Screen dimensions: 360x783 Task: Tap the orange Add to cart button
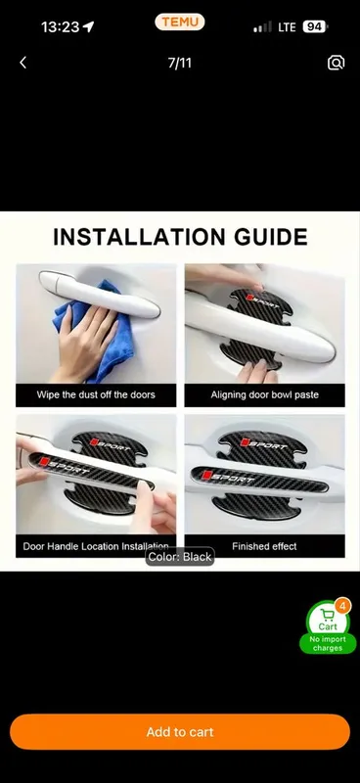pyautogui.click(x=180, y=731)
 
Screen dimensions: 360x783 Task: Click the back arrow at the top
pyautogui.click(x=22, y=63)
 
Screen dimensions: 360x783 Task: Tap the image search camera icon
pyautogui.click(x=337, y=63)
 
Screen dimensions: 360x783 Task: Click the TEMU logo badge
pyautogui.click(x=180, y=22)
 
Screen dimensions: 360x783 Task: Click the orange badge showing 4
pyautogui.click(x=342, y=606)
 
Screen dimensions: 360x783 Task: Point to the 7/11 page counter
pyautogui.click(x=180, y=63)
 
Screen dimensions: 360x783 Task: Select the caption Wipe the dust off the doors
pyautogui.click(x=96, y=394)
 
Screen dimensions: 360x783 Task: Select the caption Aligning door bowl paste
pyautogui.click(x=265, y=394)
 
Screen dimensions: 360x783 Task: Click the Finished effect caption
pyautogui.click(x=265, y=546)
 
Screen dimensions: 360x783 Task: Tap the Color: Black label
pyautogui.click(x=180, y=557)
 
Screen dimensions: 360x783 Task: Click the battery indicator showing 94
pyautogui.click(x=315, y=26)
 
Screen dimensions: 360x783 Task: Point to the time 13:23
pyautogui.click(x=61, y=26)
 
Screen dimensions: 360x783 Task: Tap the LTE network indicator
pyautogui.click(x=287, y=27)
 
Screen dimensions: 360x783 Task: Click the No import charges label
pyautogui.click(x=328, y=644)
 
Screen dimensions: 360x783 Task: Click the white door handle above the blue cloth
pyautogui.click(x=100, y=294)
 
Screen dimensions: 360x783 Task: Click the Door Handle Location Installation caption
pyautogui.click(x=96, y=546)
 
